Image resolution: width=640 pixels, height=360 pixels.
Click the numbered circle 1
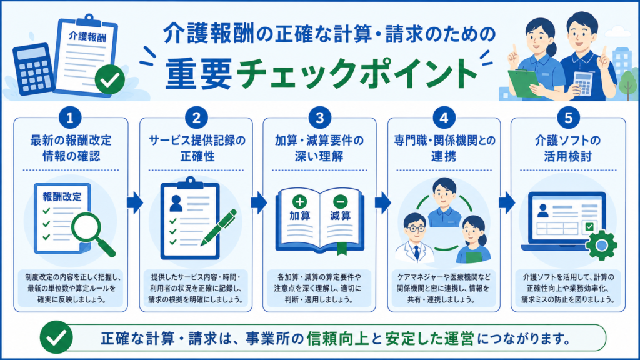pos(70,118)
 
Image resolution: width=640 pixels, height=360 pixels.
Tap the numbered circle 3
pos(319,118)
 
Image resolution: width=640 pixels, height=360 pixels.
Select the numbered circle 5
pos(568,118)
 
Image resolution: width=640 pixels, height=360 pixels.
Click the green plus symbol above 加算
pos(299,201)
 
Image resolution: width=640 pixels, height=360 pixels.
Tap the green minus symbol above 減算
pos(341,201)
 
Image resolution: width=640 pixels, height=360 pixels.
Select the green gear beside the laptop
pos(601,245)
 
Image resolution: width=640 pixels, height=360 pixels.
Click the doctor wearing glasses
pos(416,238)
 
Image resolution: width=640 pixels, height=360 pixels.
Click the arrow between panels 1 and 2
pos(135,202)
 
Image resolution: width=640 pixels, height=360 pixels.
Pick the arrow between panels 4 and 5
pos(506,202)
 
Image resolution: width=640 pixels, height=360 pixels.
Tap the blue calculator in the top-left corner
pos(34,69)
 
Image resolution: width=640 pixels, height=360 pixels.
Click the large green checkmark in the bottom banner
pos(56,337)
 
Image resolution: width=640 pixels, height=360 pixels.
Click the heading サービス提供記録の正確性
pos(197,148)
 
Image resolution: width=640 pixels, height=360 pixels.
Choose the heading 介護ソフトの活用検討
pos(567,148)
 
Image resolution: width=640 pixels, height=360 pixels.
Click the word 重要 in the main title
pos(199,74)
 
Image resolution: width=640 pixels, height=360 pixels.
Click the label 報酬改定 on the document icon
pos(62,197)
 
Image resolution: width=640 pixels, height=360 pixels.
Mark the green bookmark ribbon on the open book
pos(342,248)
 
